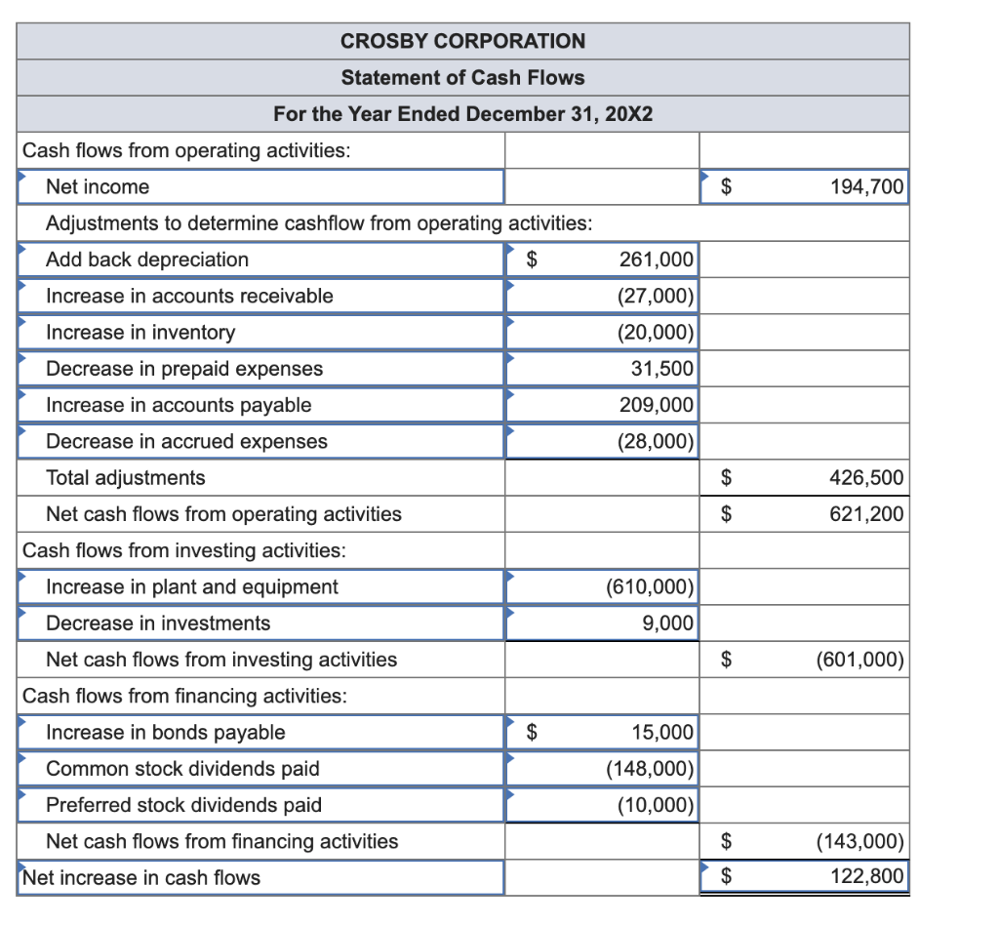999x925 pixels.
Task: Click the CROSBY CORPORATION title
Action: pos(463,41)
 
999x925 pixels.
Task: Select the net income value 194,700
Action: pos(866,186)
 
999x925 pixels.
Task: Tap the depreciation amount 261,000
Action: pos(657,260)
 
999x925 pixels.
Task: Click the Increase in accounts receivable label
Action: pos(189,296)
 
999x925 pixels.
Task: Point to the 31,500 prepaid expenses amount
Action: pos(662,369)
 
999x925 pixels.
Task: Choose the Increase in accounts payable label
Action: pos(179,405)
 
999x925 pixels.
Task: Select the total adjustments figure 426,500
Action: pos(866,478)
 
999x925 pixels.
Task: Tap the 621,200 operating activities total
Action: pos(866,514)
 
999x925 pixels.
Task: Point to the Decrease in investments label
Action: pos(158,623)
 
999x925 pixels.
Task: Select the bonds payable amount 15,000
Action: pos(662,733)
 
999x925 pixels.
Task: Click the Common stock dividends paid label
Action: pos(182,769)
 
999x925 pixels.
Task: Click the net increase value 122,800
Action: pos(866,877)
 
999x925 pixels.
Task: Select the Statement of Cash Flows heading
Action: pos(463,77)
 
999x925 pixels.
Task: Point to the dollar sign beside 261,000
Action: pos(532,260)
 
